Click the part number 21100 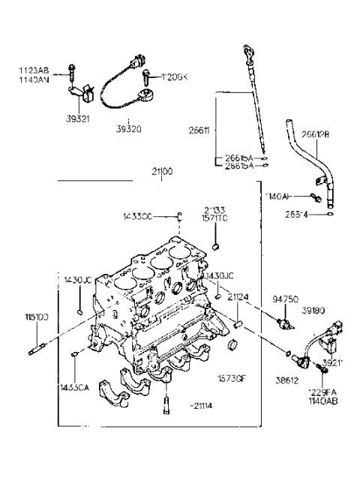click(161, 172)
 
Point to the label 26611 click(200, 130)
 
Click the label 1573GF click(230, 379)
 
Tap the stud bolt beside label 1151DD click(40, 348)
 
